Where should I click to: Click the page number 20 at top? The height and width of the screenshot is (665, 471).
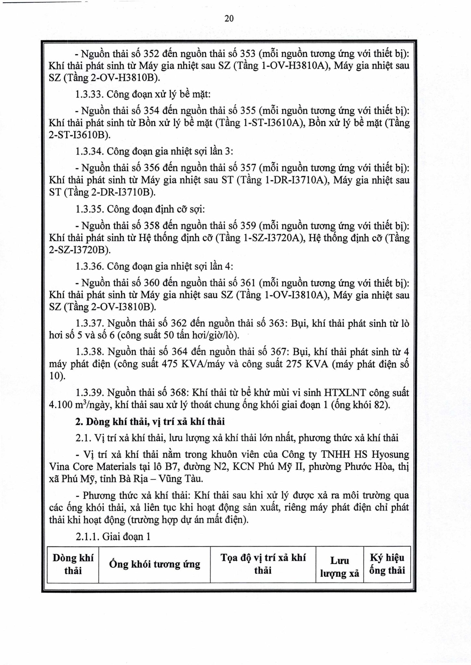229,19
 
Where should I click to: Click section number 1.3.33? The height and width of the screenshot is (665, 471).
89,94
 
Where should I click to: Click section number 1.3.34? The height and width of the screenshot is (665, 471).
89,151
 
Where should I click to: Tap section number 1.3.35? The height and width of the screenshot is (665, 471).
89,209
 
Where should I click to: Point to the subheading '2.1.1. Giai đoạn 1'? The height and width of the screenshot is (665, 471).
113,536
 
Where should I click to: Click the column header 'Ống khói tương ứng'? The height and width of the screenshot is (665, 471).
155,564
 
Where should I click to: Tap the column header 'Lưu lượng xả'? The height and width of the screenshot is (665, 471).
340,567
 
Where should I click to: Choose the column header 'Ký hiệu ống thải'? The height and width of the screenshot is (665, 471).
387,564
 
